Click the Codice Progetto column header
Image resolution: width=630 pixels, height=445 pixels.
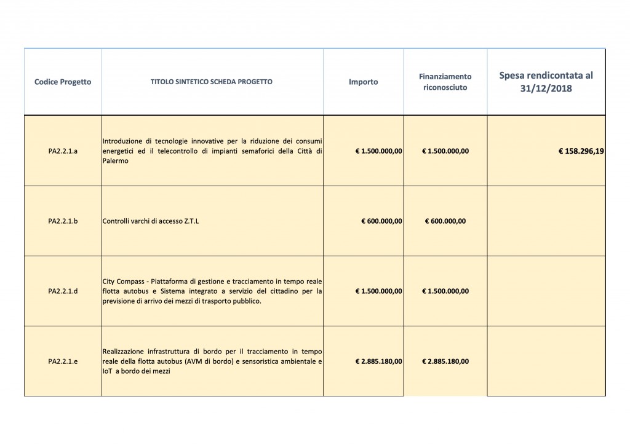click(63, 82)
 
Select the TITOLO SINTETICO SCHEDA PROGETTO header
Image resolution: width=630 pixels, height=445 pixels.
click(212, 82)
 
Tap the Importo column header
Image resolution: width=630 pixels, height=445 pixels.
click(363, 82)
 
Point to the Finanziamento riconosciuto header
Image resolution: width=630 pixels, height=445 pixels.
click(445, 82)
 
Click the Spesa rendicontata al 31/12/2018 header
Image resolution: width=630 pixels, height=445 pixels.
click(546, 82)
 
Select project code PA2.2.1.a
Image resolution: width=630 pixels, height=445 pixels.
click(63, 151)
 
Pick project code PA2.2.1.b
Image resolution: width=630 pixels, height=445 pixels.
click(63, 221)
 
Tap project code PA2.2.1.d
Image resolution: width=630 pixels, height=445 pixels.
click(63, 291)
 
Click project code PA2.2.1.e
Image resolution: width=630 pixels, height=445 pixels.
click(63, 361)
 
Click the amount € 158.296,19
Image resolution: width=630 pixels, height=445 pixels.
click(581, 151)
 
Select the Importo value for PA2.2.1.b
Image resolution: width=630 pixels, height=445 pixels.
click(381, 221)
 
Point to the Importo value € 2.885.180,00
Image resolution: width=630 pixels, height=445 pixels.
click(378, 361)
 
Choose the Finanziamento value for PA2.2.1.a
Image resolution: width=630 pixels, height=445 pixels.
click(445, 151)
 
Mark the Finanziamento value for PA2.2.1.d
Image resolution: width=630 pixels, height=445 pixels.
click(445, 291)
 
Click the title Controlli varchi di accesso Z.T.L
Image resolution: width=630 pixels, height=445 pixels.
click(151, 221)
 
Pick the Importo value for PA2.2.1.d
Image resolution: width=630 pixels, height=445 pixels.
click(378, 291)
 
